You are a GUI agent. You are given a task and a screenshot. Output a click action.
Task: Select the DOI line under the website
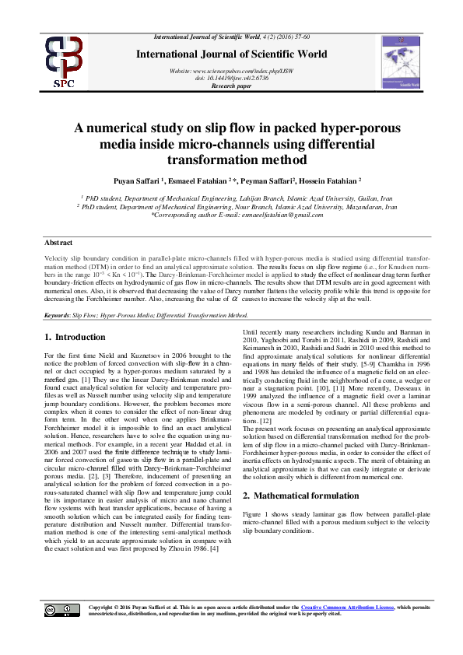pyautogui.click(x=231, y=78)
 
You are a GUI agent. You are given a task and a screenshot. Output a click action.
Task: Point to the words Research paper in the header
pyautogui.click(x=230, y=86)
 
